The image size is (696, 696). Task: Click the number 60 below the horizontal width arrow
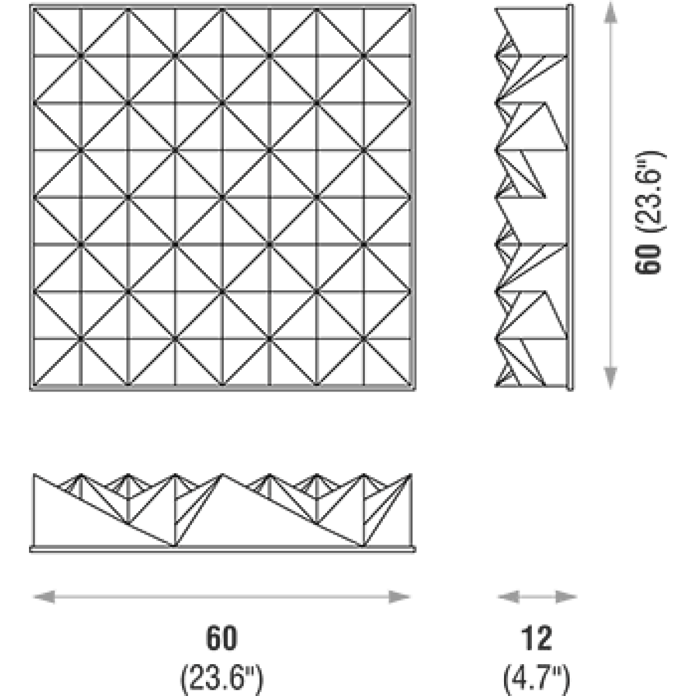(x=222, y=639)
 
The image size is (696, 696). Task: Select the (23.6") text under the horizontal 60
(x=222, y=674)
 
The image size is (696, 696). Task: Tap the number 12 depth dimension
(x=536, y=639)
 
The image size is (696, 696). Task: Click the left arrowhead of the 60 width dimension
(x=43, y=596)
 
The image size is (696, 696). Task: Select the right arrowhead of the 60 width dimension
(x=400, y=596)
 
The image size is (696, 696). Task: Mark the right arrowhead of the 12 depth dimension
(x=565, y=596)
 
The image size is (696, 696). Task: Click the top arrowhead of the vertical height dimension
(x=610, y=14)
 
